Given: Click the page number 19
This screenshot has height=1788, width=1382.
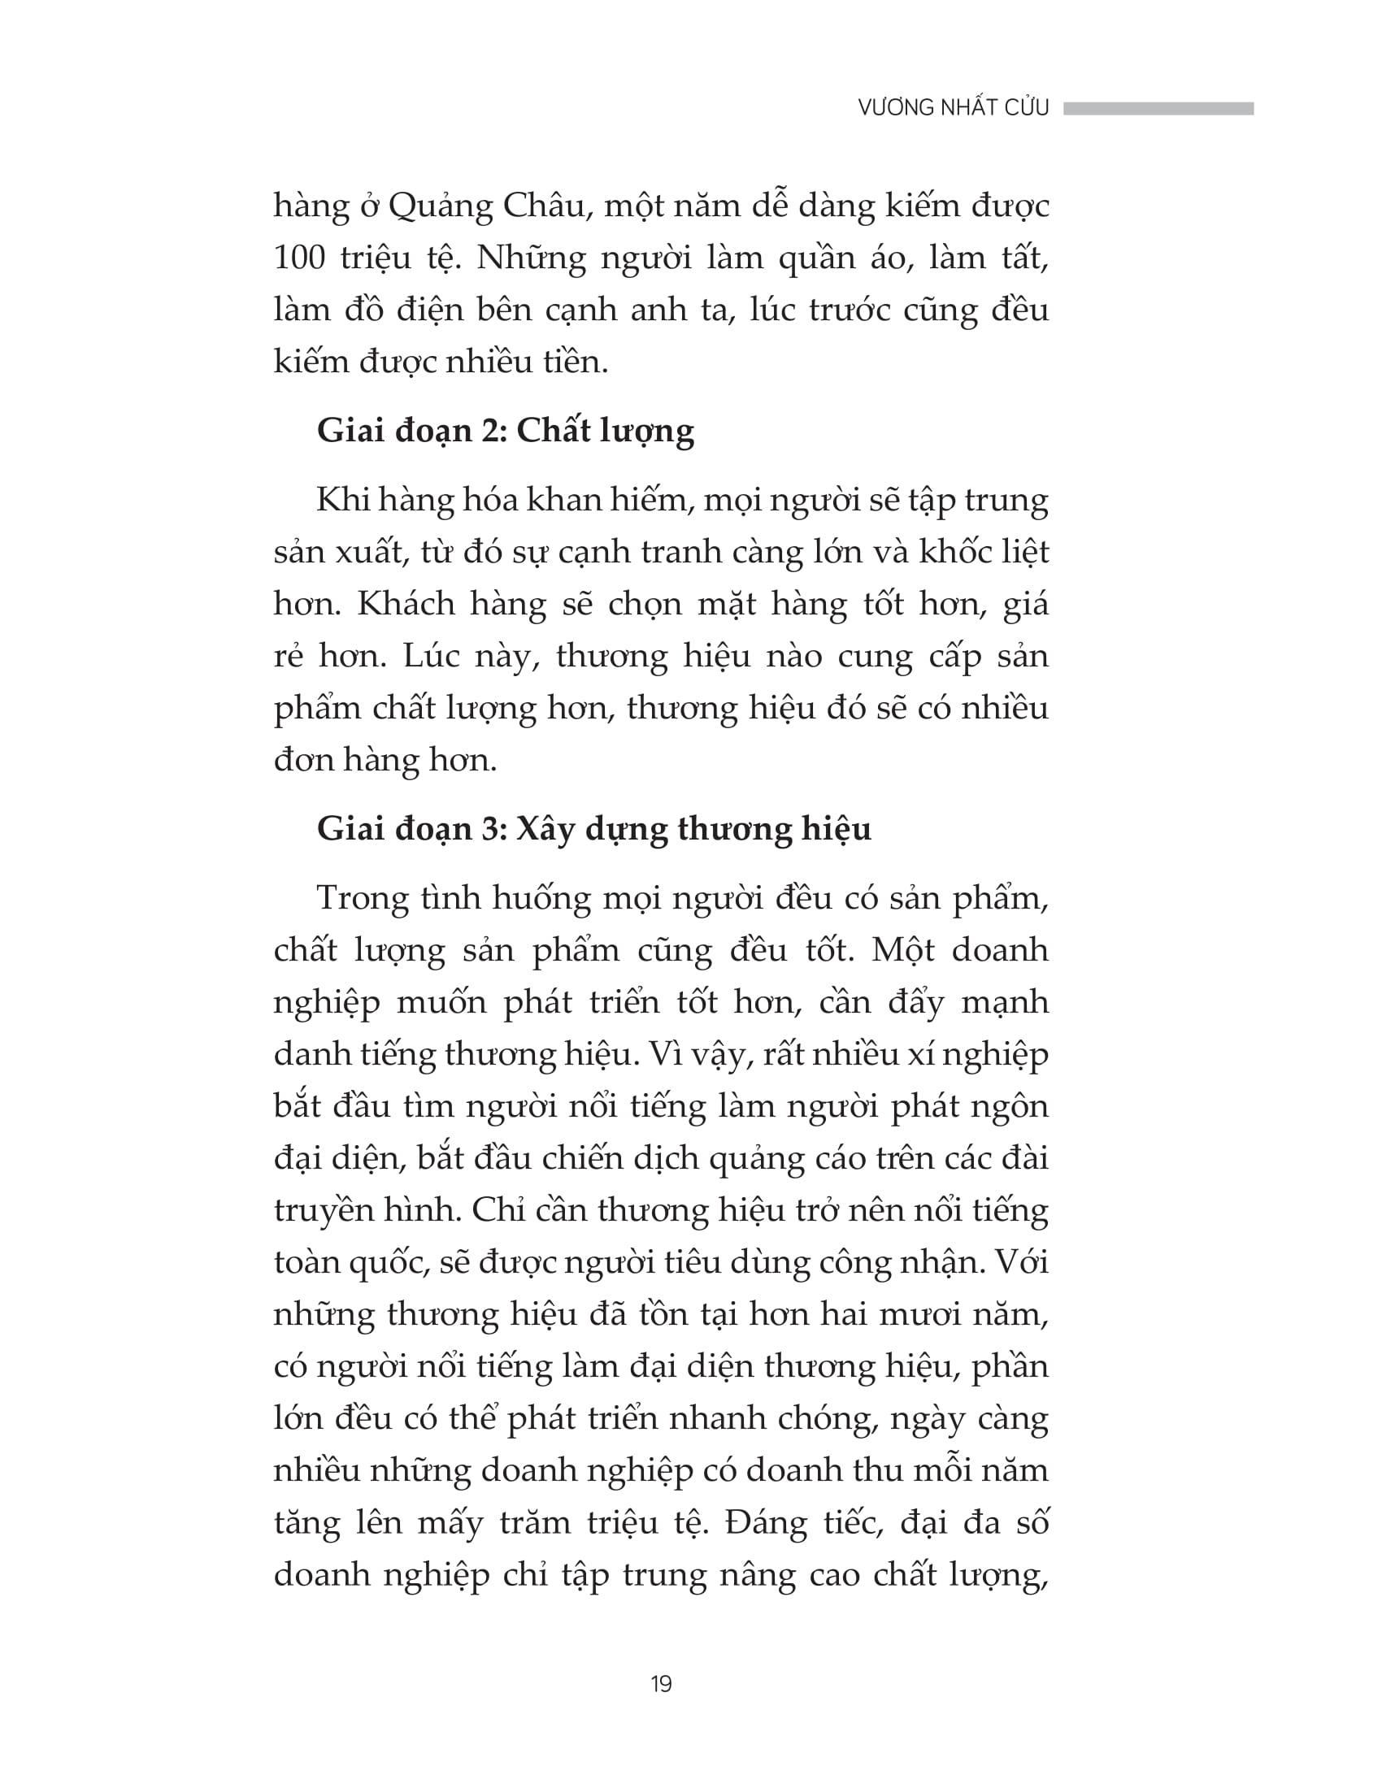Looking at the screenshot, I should click(661, 1684).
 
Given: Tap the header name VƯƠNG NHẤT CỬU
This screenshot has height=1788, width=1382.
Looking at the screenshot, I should click(953, 108).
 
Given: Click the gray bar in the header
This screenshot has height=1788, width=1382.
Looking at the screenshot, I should click(1158, 108).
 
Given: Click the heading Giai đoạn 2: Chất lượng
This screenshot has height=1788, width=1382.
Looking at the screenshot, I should click(505, 432).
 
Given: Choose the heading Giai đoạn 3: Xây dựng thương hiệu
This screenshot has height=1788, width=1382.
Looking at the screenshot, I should click(593, 829).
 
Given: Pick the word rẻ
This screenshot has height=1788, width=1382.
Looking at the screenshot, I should click(289, 657).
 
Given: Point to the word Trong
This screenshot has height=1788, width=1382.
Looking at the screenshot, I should click(363, 899).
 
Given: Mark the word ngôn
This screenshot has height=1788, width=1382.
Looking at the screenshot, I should click(1013, 1107).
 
